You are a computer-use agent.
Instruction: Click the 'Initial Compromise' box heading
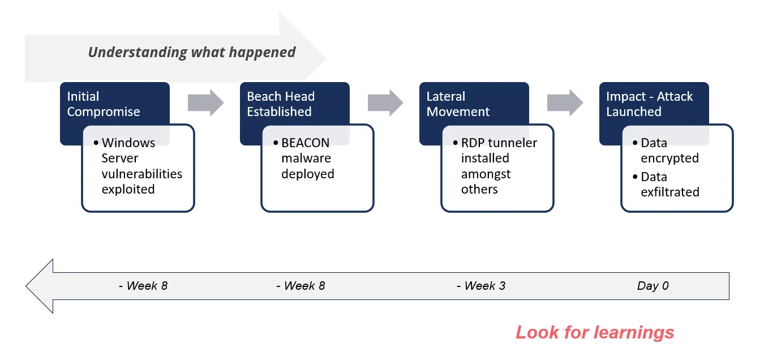(x=104, y=104)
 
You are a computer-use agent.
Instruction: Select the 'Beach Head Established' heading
(x=281, y=104)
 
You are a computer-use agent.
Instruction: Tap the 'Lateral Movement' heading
(x=458, y=104)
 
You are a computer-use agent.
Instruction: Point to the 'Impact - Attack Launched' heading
(x=650, y=104)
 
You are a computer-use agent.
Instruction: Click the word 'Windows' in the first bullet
(x=128, y=143)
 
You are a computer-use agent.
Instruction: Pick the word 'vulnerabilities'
(x=142, y=174)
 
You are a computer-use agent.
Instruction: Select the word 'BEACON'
(x=305, y=143)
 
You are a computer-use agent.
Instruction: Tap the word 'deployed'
(x=308, y=174)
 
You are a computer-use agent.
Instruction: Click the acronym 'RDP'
(x=473, y=143)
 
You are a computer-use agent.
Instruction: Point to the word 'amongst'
(x=486, y=174)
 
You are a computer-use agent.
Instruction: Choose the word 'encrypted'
(x=670, y=158)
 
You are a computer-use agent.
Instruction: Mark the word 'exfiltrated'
(x=670, y=192)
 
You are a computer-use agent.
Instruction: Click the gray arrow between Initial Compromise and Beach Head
(x=205, y=102)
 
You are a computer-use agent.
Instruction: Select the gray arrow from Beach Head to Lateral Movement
(x=385, y=102)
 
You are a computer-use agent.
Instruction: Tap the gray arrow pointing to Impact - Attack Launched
(x=565, y=102)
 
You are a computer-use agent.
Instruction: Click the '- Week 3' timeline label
(x=481, y=286)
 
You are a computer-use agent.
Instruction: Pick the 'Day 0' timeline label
(x=653, y=286)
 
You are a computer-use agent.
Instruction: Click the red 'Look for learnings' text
(x=595, y=332)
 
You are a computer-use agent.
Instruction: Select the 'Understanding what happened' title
(x=192, y=52)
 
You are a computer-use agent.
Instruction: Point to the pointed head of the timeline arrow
(x=27, y=286)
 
